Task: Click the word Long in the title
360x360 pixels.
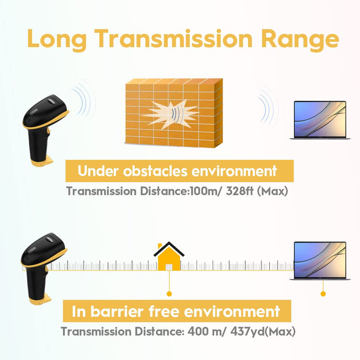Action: click(x=57, y=39)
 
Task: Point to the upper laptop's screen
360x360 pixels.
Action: click(x=320, y=119)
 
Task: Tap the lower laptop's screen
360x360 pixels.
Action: click(x=320, y=260)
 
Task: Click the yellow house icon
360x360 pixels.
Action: click(x=169, y=256)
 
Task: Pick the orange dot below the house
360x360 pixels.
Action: click(x=169, y=294)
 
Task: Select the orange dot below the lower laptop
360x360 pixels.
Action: click(x=323, y=294)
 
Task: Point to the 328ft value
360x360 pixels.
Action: click(x=240, y=191)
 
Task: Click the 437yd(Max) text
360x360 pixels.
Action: click(x=263, y=332)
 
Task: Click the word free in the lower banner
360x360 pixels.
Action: click(x=164, y=311)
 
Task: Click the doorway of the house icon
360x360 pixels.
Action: click(x=169, y=267)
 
